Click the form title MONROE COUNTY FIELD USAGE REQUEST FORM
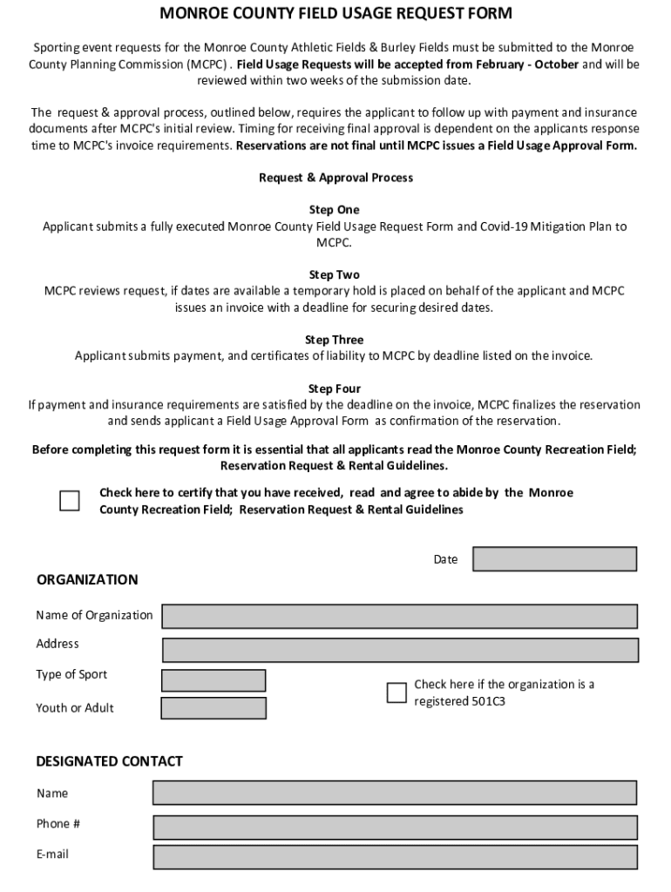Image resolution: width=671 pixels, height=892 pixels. (x=335, y=14)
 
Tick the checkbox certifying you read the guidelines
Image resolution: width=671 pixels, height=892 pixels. (x=69, y=501)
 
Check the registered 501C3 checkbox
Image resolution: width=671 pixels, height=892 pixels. (x=396, y=693)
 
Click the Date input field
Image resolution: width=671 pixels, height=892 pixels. (x=554, y=559)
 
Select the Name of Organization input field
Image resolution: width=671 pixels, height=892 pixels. (x=399, y=616)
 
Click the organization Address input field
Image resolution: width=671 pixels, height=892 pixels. (x=400, y=650)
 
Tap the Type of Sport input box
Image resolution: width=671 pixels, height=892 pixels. (x=213, y=680)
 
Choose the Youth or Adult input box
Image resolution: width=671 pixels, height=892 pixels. (x=213, y=708)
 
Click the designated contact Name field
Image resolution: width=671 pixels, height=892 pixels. (x=394, y=793)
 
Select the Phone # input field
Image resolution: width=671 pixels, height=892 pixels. (x=394, y=827)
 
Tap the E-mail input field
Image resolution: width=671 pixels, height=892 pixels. (x=394, y=857)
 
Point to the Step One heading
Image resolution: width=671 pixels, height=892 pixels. (x=334, y=210)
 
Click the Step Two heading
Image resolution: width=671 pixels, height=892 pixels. (x=334, y=274)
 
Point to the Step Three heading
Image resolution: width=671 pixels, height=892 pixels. (x=334, y=340)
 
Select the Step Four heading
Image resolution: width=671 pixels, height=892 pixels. (x=334, y=389)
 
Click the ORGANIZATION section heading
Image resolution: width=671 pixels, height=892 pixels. (x=87, y=580)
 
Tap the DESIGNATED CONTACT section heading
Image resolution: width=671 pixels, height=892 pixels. (x=109, y=761)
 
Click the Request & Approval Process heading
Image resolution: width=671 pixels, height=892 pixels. (x=335, y=178)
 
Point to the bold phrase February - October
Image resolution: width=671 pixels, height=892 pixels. (x=528, y=64)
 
